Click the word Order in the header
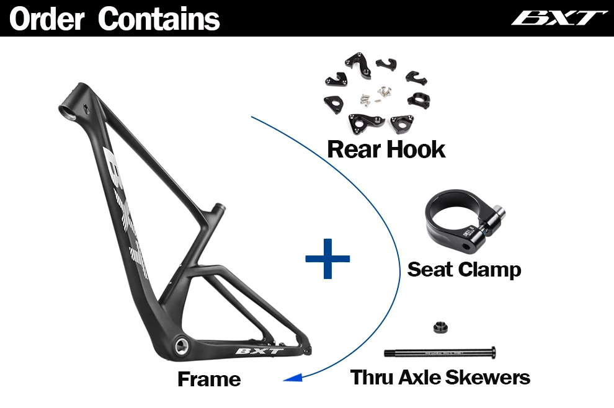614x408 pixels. [47, 19]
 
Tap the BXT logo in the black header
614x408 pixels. [559, 17]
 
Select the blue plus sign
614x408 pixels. [327, 257]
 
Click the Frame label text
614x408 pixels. [209, 378]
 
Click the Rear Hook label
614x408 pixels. [386, 149]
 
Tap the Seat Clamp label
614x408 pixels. [464, 269]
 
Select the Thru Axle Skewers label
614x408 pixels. [440, 377]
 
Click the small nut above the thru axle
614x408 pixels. [437, 327]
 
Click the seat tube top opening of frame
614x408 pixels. [218, 206]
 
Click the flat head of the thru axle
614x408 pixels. [494, 352]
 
